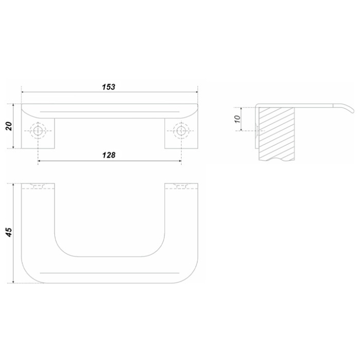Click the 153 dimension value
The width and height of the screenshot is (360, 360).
click(109, 87)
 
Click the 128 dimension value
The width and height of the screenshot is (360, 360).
click(109, 155)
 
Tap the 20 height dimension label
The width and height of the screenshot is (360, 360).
click(9, 127)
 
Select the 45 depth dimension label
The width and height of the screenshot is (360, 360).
click(9, 232)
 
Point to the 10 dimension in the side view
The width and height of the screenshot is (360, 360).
click(238, 119)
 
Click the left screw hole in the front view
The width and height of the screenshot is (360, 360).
click(38, 131)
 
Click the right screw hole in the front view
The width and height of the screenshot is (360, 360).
click(181, 131)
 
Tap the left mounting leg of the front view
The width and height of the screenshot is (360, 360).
click(38, 133)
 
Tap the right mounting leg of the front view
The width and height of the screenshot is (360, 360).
click(181, 133)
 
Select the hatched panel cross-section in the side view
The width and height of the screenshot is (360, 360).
click(277, 134)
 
